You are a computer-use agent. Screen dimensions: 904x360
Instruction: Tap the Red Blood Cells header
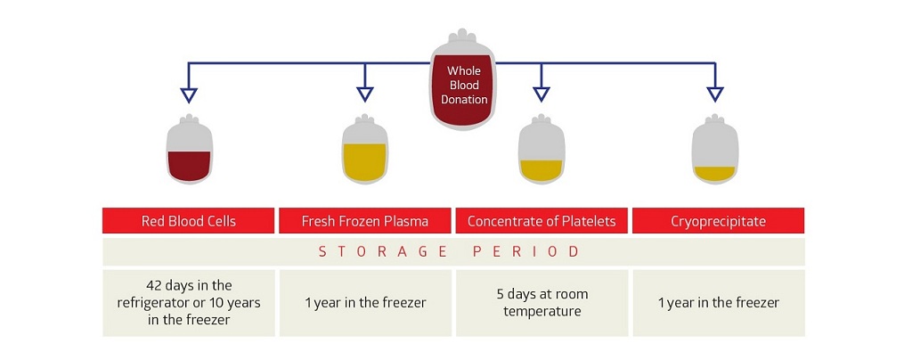(189, 221)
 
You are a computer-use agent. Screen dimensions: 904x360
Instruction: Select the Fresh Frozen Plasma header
(365, 221)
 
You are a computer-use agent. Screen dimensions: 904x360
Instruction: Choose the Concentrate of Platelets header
(542, 221)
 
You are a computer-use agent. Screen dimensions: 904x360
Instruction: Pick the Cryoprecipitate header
(719, 221)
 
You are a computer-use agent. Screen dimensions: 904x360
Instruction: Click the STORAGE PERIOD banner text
(449, 251)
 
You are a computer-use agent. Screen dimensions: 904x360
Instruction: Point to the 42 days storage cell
(189, 303)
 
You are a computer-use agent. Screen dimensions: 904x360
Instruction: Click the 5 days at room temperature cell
(542, 303)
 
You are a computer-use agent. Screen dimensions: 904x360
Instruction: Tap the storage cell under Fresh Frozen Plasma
(365, 303)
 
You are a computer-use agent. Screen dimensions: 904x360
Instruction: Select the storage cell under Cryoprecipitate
(719, 303)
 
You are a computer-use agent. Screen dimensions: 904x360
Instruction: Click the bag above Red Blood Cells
(189, 149)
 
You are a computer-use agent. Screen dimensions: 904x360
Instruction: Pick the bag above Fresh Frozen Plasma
(364, 149)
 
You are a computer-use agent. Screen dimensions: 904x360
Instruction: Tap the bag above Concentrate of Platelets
(541, 149)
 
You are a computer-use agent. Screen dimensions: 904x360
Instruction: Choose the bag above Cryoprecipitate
(715, 149)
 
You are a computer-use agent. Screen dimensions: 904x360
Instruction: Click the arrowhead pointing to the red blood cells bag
(189, 94)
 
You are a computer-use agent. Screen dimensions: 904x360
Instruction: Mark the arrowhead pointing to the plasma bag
(364, 94)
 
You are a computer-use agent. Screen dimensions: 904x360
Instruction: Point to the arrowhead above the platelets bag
(541, 94)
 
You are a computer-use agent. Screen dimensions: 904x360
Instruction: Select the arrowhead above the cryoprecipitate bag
(715, 94)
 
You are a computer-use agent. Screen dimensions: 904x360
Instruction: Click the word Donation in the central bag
(464, 99)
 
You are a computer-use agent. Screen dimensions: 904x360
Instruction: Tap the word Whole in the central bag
(463, 71)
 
